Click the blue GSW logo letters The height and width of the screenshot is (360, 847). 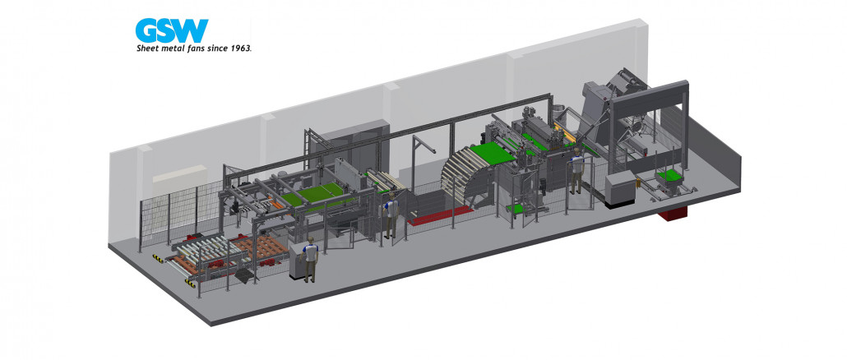172,30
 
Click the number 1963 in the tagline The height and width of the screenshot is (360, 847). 242,48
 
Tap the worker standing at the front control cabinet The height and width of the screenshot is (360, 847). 309,259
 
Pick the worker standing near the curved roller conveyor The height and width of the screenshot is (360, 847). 577,169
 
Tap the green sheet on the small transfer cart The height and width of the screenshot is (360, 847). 669,175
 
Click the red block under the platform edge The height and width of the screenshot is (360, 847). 672,213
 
